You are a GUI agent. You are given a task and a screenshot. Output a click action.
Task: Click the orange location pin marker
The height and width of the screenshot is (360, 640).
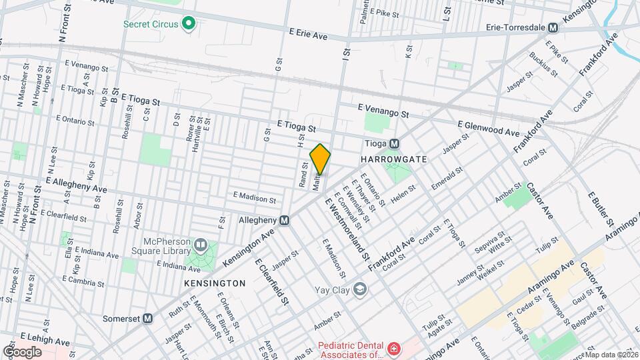[320, 159]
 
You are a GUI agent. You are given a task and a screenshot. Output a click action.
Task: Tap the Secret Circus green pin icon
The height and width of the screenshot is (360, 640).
[189, 24]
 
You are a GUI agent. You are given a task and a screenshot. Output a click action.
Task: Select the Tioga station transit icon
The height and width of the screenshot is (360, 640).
[394, 143]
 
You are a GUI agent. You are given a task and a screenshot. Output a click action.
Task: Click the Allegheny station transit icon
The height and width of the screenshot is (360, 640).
[285, 220]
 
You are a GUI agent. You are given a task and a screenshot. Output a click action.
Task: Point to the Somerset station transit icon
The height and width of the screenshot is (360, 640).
[147, 319]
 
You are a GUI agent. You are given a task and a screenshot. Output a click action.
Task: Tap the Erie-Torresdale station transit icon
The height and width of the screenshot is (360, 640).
[552, 28]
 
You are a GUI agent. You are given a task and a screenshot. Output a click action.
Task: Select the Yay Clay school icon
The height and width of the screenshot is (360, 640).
[360, 289]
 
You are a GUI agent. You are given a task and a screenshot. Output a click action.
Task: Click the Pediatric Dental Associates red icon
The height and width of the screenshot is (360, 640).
[394, 349]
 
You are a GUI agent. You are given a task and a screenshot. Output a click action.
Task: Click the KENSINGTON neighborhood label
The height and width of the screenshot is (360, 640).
[215, 283]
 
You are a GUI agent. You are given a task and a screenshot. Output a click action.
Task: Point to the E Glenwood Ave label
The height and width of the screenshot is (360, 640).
[488, 129]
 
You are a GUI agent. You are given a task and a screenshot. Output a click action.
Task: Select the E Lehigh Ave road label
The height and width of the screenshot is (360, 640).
[45, 339]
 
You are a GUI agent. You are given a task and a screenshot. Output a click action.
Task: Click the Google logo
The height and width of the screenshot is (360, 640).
[22, 351]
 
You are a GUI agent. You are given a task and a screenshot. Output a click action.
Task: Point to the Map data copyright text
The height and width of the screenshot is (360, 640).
[610, 355]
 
